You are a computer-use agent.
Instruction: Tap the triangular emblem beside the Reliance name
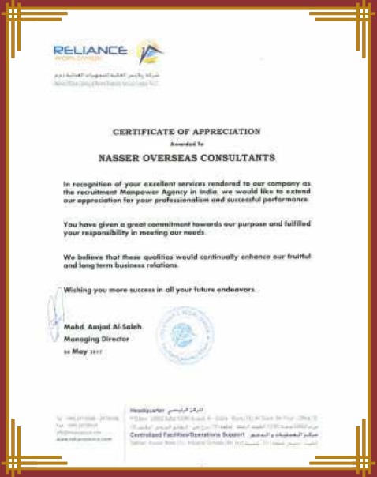pos(147,53)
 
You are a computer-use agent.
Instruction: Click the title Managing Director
pos(89,336)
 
